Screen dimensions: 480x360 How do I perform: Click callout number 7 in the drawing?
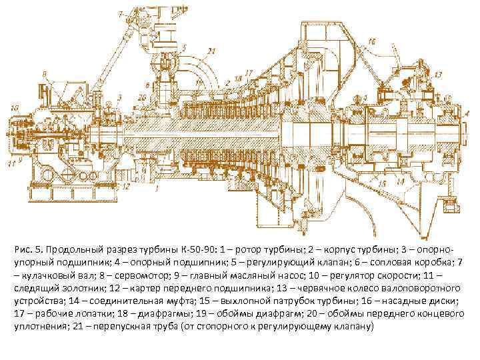click(x=120, y=13)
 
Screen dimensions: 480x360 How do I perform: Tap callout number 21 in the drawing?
click(x=212, y=51)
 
